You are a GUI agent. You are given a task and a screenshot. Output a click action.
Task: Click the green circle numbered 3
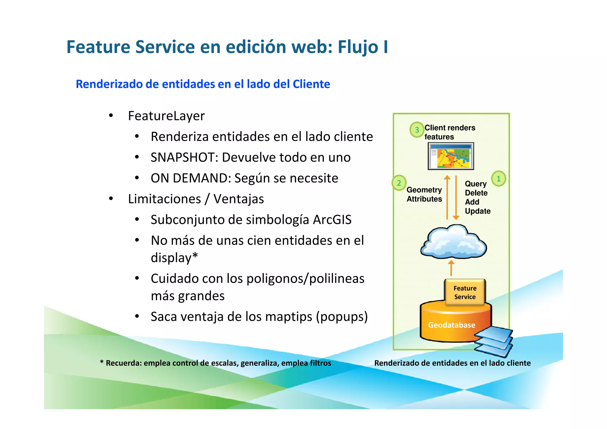pos(417,130)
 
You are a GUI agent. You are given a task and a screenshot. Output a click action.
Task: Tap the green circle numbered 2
pos(399,183)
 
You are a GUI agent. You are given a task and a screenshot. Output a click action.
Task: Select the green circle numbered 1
pos(499,178)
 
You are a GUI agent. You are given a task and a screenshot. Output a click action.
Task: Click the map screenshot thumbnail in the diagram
pos(451,156)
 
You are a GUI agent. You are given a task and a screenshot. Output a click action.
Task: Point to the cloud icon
pos(453,242)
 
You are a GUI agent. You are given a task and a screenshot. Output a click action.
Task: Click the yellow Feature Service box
pos(465,292)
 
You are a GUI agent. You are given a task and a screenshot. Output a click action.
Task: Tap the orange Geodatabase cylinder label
pos(451,325)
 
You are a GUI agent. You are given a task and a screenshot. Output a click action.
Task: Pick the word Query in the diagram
pos(476,184)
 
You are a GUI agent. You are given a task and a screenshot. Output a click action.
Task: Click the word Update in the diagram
pos(477,211)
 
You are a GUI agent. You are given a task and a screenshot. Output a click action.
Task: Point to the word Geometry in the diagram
pos(424,190)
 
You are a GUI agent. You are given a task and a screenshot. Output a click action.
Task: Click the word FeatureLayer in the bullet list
pos(166,116)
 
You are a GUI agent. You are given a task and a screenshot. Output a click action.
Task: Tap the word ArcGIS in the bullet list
pos(332,220)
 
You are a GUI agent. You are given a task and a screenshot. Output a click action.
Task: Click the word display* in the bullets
pos(174,258)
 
